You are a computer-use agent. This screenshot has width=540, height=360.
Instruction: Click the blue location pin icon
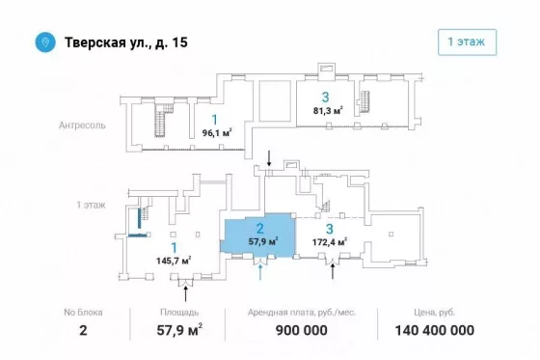[x=45, y=42]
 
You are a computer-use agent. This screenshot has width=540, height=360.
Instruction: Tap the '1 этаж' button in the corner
[x=467, y=42]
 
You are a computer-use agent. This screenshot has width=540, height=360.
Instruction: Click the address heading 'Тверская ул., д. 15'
[x=126, y=42]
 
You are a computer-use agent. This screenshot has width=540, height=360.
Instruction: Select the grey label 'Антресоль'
[x=82, y=125]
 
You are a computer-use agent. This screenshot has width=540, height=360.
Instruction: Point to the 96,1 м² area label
[x=217, y=132]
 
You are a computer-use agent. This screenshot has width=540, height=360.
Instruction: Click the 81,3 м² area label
[x=328, y=111]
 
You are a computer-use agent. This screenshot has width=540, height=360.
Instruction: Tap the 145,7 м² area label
[x=174, y=261]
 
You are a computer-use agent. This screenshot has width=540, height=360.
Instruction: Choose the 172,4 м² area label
[x=330, y=242]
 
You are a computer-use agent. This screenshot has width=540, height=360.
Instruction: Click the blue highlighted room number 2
[x=260, y=229]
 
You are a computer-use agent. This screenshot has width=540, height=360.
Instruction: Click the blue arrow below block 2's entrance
[x=260, y=271]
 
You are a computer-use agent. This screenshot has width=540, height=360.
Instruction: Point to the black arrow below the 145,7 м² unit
[x=185, y=293]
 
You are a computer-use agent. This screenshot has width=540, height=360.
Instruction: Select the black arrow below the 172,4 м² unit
[x=333, y=271]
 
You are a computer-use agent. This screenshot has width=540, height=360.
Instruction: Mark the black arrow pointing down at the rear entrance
[x=269, y=158]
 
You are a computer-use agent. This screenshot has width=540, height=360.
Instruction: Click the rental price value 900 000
[x=301, y=330]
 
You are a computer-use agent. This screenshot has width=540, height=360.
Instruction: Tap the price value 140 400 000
[x=434, y=330]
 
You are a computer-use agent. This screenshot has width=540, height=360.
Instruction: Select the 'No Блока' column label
[x=83, y=313]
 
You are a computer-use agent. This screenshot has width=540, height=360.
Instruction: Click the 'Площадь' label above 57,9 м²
[x=179, y=313]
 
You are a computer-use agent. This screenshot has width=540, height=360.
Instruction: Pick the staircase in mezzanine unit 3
[x=364, y=102]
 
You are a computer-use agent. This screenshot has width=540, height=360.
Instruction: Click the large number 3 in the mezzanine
[x=326, y=97]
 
